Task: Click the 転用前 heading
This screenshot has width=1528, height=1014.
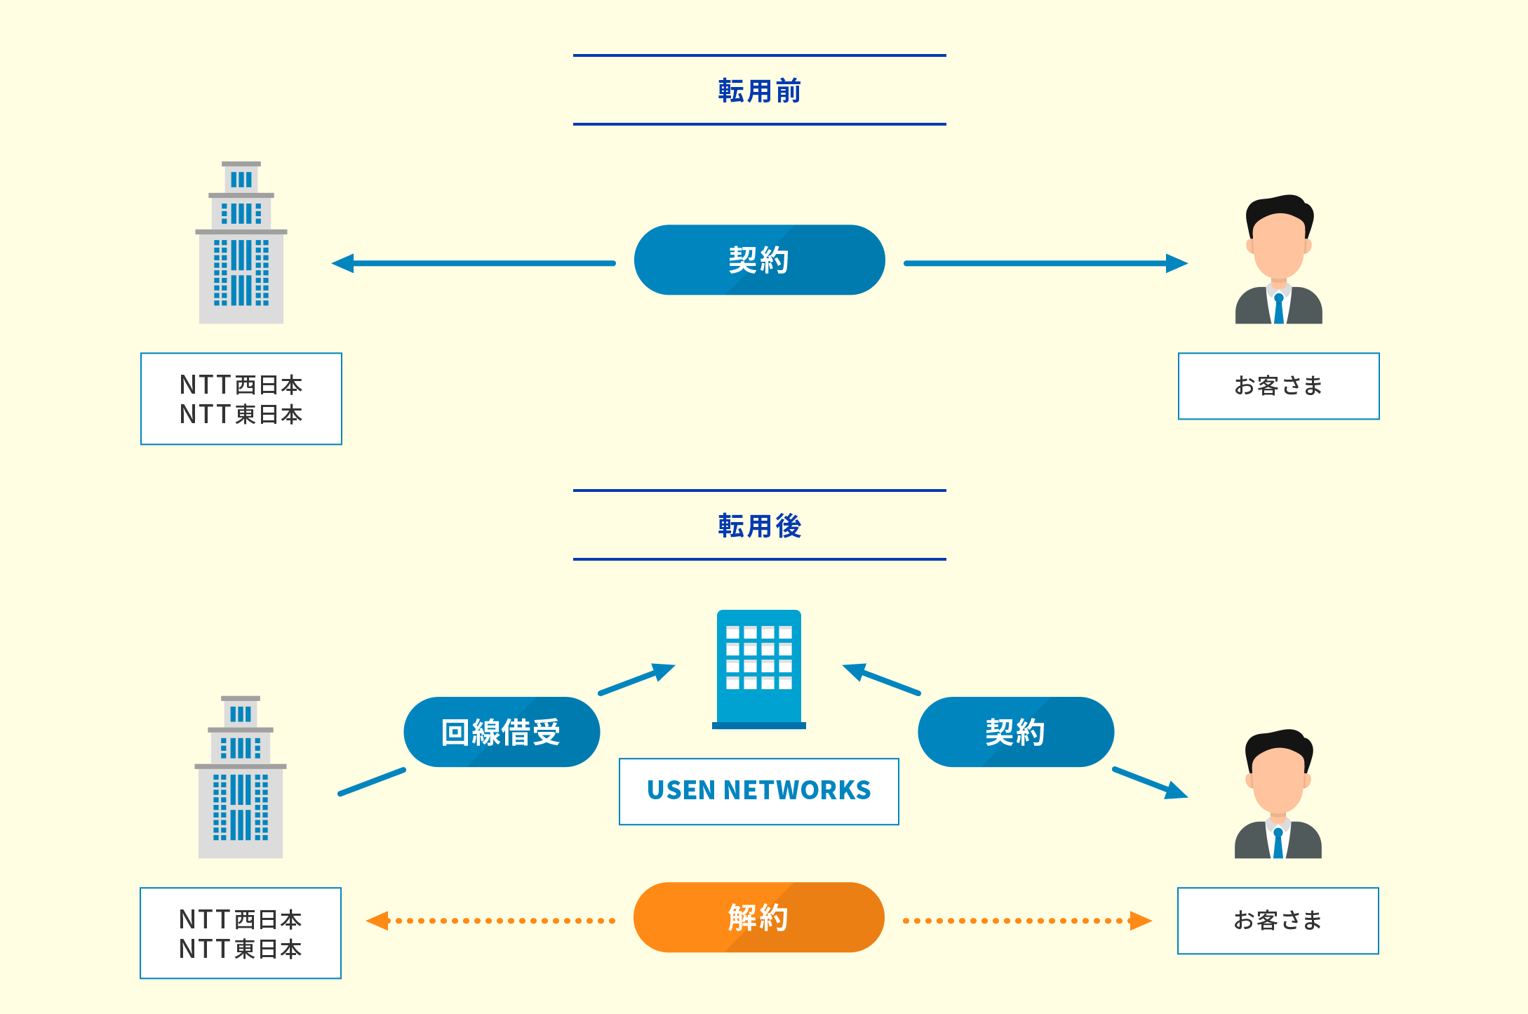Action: point(759,91)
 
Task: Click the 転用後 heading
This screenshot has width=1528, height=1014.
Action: point(759,526)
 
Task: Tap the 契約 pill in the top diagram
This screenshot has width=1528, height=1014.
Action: point(759,260)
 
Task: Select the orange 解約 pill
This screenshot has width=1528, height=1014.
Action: point(758,918)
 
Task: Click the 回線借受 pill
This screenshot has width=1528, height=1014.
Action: point(502,733)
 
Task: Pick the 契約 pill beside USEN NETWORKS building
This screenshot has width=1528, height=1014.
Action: point(1015,733)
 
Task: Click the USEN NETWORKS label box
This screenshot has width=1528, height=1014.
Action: point(758,791)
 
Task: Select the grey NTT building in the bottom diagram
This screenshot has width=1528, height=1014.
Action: point(240,778)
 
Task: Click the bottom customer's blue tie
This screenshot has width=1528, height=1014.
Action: point(1278,843)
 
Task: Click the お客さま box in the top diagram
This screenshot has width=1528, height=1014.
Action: point(1278,386)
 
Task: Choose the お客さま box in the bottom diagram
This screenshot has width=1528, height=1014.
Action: point(1278,921)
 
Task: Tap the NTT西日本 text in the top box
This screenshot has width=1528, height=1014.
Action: point(241,385)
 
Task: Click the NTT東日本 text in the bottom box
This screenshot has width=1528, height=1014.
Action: point(240,949)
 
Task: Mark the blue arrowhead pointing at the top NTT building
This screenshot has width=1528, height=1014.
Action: point(343,264)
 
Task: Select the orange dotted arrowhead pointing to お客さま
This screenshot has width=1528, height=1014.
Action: point(1140,921)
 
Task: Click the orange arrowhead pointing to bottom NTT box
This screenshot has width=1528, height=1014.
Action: point(378,921)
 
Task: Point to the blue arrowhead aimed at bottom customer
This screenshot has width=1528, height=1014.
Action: point(1176,792)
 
